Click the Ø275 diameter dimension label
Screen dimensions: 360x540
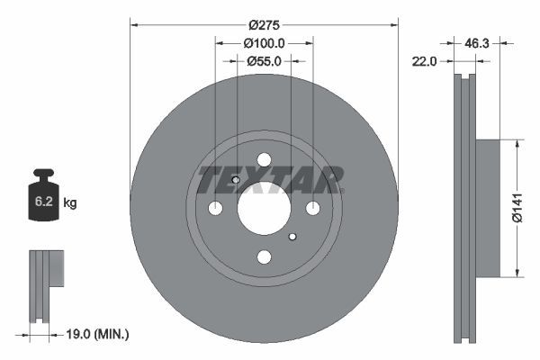click(264, 25)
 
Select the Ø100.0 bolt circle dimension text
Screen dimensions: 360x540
click(264, 43)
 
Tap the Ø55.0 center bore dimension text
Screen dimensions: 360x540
click(264, 61)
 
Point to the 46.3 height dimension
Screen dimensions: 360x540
click(477, 42)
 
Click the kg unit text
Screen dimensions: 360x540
click(70, 203)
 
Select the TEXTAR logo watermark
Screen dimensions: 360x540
click(270, 179)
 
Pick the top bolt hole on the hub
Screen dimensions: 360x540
click(264, 160)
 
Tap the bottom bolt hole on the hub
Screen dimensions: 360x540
click(264, 257)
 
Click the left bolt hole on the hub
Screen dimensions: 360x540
click(215, 209)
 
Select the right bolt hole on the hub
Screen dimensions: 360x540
click(312, 209)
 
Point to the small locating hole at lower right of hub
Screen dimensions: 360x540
click(292, 237)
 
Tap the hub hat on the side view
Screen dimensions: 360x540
click(486, 207)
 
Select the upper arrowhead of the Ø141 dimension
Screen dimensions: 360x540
click(517, 143)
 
